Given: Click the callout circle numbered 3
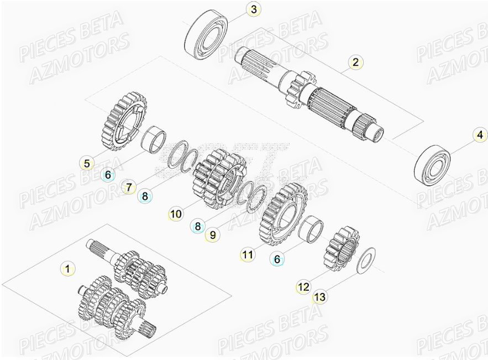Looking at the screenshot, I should [x=253, y=9].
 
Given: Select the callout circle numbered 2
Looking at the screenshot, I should [x=355, y=62].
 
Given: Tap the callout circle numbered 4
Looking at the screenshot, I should [x=480, y=134].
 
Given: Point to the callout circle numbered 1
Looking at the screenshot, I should [x=67, y=269].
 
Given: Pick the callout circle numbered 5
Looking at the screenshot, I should [x=87, y=163].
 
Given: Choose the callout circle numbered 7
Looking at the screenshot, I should [x=129, y=188].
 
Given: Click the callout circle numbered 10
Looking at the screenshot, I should [x=176, y=213].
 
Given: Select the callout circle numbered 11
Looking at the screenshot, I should [x=248, y=254].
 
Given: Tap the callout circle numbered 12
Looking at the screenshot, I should [x=303, y=287].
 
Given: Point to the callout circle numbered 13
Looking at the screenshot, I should [x=319, y=298].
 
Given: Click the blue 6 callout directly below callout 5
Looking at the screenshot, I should [x=108, y=175].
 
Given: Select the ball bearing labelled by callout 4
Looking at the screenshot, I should [x=433, y=163].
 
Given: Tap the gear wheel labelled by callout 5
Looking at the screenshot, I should [x=124, y=122].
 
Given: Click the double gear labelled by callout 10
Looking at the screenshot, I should [x=218, y=179].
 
